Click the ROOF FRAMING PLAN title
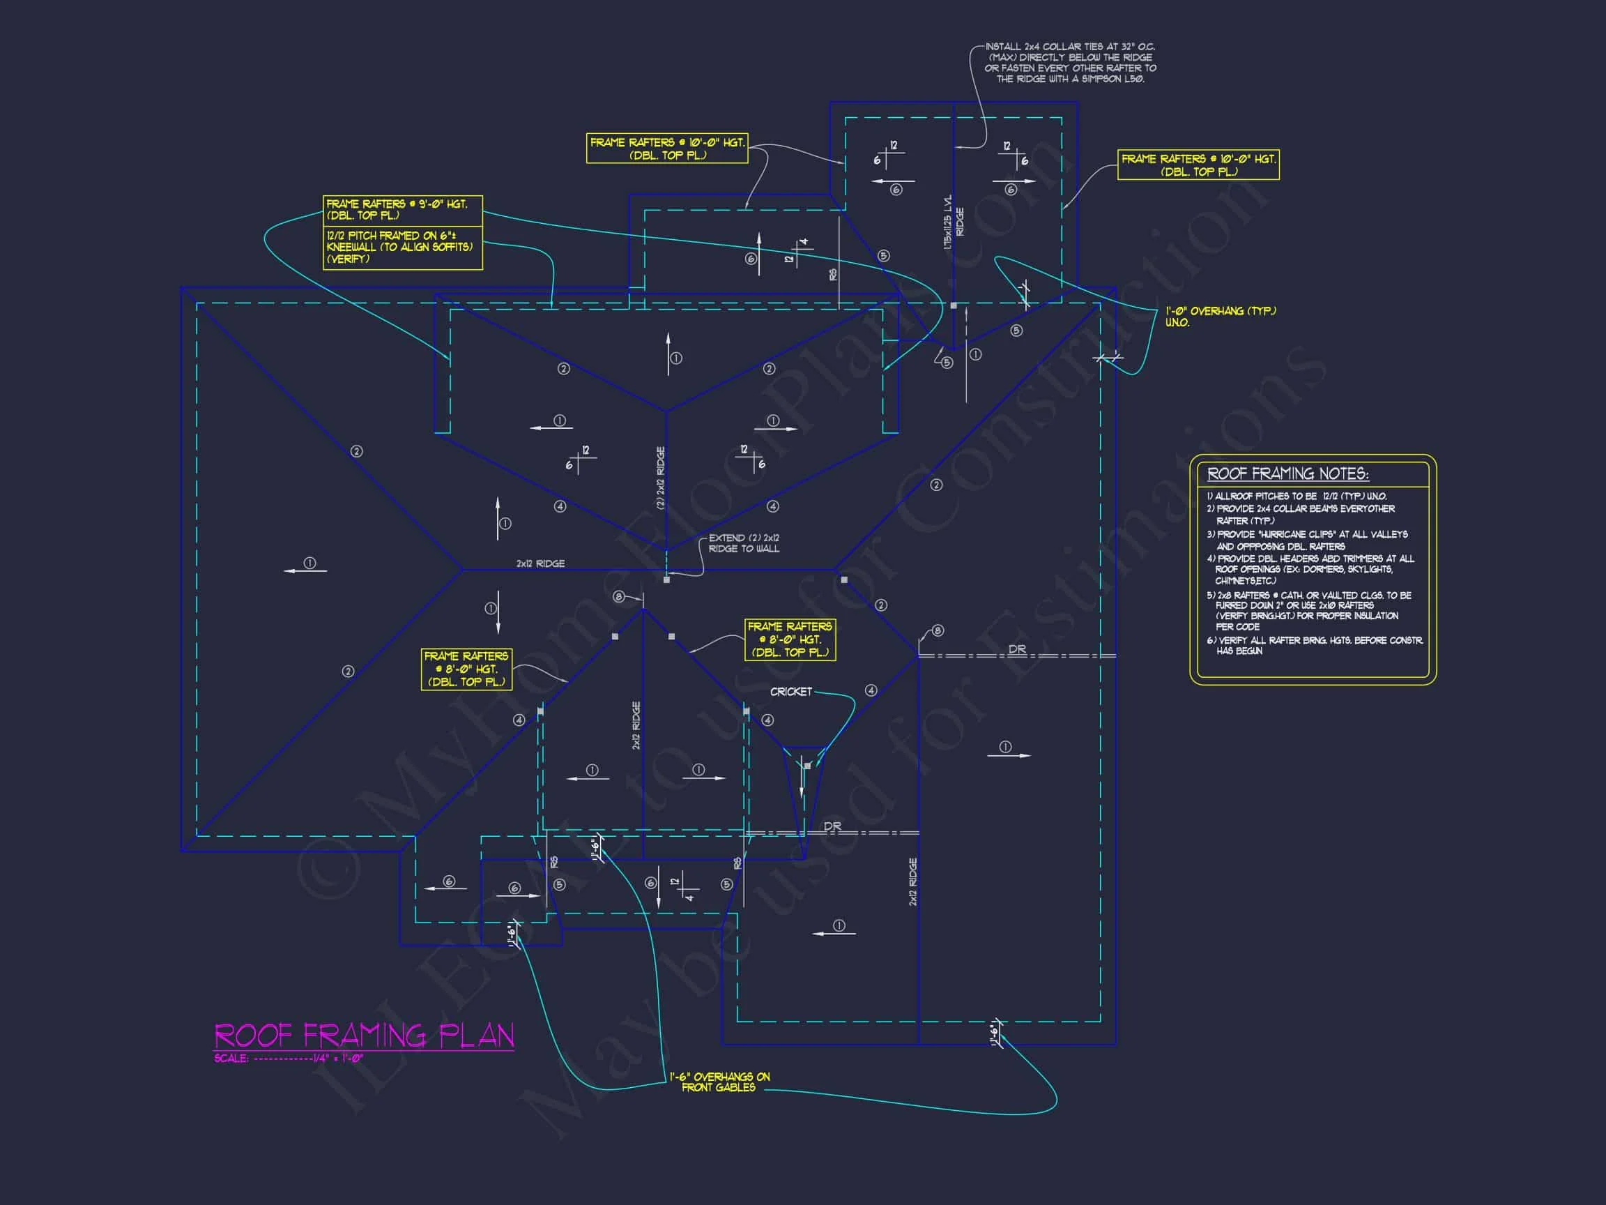pos(364,1035)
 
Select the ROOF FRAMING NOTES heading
pos(1287,474)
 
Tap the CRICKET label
pos(790,692)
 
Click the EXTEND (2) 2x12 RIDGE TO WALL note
pos(744,543)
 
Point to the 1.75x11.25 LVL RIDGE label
pos(954,222)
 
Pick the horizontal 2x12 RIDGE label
pos(540,563)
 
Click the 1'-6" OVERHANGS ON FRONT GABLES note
pos(719,1082)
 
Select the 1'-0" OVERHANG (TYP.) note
pos(1220,316)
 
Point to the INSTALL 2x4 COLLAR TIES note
pos(1070,63)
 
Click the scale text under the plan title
pos(289,1059)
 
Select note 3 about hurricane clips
pos(1307,540)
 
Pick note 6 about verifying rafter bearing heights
pos(1314,645)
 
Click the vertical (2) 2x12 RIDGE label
pos(661,477)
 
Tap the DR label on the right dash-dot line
pos(1017,649)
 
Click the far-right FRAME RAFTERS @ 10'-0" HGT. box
pos(1198,165)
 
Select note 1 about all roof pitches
pos(1297,496)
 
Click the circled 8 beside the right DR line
pos(938,630)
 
